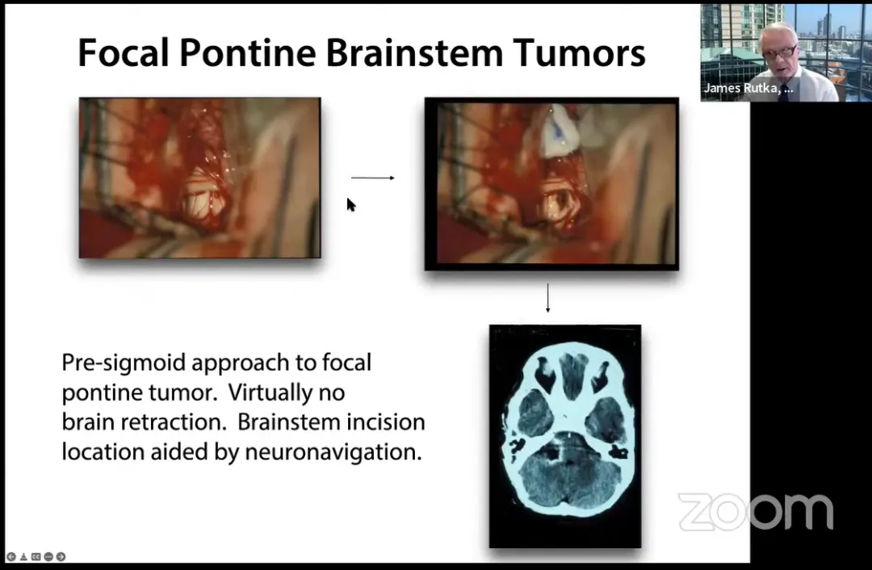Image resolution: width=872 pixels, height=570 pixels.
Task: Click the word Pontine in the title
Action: coord(247,52)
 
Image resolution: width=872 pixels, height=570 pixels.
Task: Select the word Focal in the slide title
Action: coord(124,52)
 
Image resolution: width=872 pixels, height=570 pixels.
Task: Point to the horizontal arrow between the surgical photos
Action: coord(372,178)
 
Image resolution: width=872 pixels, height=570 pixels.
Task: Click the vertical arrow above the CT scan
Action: coord(547,298)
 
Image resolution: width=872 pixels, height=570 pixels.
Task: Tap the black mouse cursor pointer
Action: coord(351,204)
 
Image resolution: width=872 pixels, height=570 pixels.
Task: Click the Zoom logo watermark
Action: coord(756,512)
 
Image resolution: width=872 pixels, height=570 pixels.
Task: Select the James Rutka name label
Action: coord(748,88)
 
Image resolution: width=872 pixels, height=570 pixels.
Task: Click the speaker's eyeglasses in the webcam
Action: coord(779,52)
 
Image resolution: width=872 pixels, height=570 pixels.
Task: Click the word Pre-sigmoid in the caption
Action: coord(124,363)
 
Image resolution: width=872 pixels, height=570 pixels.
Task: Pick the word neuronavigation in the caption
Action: coord(333,452)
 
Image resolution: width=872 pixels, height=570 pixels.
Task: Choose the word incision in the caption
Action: coord(386,422)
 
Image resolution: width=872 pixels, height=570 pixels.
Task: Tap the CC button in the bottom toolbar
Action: coord(36,556)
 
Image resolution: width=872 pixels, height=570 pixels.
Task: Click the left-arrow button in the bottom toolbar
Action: coord(11,556)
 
